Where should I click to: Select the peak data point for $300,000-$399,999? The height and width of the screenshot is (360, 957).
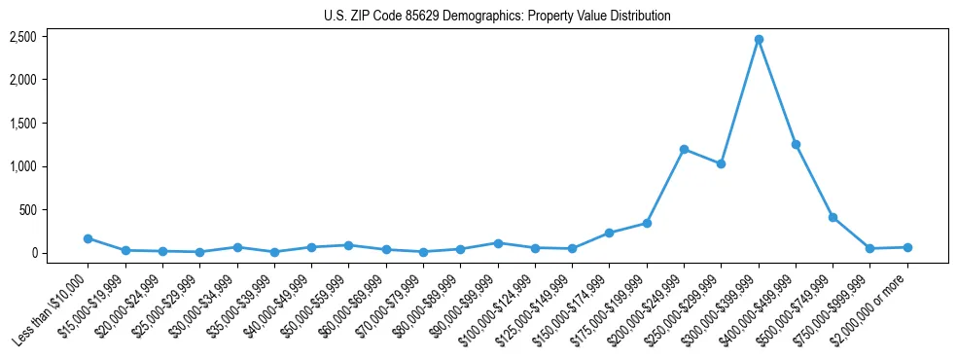point(759,39)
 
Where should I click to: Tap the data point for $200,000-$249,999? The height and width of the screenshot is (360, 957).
point(684,149)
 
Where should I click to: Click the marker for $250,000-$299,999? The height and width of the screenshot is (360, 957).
point(721,163)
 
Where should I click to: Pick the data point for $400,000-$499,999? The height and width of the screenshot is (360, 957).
point(796,144)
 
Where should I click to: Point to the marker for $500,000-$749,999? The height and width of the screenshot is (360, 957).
point(833,217)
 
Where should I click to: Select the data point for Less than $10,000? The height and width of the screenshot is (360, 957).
point(88,238)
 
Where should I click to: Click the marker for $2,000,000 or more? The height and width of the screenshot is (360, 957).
point(907,247)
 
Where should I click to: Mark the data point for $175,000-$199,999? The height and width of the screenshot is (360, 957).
point(647,223)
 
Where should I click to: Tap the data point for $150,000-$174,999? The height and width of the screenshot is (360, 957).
point(609,233)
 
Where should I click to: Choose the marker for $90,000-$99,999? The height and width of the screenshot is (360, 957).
point(498,243)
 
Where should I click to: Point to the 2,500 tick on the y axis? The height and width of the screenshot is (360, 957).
point(23,37)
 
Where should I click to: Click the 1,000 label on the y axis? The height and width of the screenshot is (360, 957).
point(23,166)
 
